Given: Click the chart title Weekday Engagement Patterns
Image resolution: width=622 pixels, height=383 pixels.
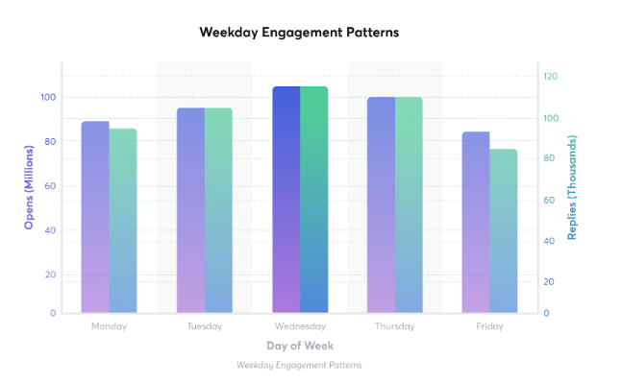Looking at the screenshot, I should pyautogui.click(x=299, y=33).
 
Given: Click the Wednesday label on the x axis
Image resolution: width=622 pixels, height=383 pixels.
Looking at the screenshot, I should pyautogui.click(x=299, y=326).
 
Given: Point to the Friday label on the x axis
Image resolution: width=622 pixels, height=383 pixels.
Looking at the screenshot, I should pyautogui.click(x=489, y=326).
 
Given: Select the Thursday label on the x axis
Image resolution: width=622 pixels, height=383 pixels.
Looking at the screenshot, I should pyautogui.click(x=394, y=326).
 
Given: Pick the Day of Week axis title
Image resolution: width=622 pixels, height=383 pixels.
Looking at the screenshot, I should pyautogui.click(x=299, y=345).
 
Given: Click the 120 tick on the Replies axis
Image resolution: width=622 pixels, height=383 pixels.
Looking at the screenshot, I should pyautogui.click(x=550, y=77).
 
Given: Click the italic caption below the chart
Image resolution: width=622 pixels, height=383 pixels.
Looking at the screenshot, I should pyautogui.click(x=299, y=365).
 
